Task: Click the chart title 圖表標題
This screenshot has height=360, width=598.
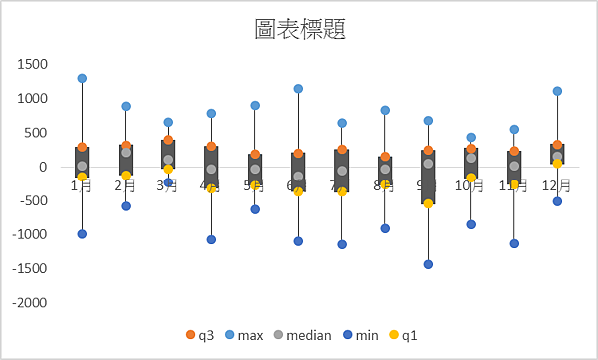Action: click(300, 29)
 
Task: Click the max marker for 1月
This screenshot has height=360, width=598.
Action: click(82, 78)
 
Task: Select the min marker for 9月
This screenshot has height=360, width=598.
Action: click(428, 264)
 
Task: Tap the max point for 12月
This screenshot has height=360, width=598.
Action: click(557, 91)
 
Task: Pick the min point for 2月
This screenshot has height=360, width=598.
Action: click(126, 206)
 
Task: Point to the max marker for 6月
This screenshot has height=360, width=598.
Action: click(298, 89)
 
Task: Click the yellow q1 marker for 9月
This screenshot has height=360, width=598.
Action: click(428, 203)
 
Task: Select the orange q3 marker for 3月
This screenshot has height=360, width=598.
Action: click(168, 140)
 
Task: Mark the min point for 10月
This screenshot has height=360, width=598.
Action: click(471, 224)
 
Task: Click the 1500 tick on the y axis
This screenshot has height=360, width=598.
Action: click(32, 64)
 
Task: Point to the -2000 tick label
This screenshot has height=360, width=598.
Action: click(29, 302)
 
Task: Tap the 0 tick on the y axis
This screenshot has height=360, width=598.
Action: click(43, 167)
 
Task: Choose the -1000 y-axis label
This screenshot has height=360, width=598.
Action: click(29, 234)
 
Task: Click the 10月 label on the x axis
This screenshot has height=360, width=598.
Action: click(471, 185)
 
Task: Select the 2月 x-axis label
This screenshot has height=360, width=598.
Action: click(126, 185)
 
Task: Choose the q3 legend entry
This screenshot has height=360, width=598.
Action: click(200, 335)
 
